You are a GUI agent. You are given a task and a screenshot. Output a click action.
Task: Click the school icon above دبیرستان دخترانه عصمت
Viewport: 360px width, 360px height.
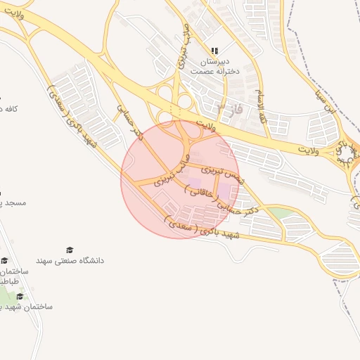pos(214,51)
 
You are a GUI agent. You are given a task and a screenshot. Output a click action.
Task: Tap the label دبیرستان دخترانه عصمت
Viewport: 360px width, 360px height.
pos(214,66)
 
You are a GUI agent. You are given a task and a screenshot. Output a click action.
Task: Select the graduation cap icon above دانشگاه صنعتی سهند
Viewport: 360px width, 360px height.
pos(69,250)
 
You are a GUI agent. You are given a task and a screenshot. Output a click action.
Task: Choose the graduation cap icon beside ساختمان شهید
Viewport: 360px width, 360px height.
pos(20,296)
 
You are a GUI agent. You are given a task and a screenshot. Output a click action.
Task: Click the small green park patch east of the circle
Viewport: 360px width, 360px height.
pos(278,212)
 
